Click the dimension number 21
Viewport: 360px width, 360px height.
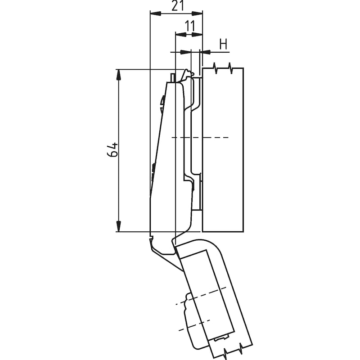(178, 5)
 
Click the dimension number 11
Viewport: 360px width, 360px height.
(190, 26)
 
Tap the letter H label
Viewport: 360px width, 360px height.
(223, 44)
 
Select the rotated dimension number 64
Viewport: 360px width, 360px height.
(112, 150)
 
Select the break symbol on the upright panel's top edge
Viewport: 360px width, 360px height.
(223, 68)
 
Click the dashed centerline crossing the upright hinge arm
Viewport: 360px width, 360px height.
(200, 138)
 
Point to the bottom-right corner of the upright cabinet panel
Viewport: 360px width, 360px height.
(243, 231)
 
